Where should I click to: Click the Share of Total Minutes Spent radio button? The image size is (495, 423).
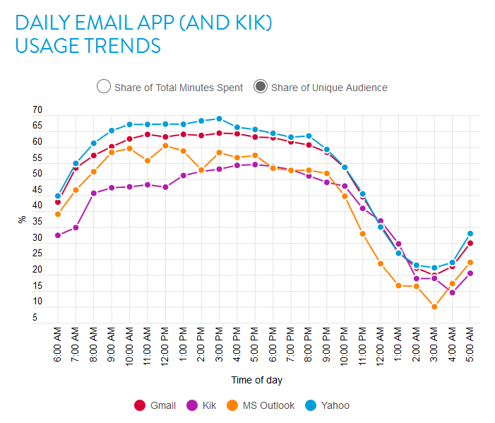(104, 87)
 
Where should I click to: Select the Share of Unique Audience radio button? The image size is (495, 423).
(261, 87)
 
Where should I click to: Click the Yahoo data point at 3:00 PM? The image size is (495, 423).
(219, 119)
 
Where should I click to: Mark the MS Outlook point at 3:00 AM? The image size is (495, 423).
(434, 306)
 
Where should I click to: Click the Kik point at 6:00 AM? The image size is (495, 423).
(58, 235)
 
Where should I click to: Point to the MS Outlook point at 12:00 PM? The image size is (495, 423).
(165, 145)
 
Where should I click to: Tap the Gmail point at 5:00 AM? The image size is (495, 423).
(470, 243)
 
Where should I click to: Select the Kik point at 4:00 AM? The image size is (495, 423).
(453, 292)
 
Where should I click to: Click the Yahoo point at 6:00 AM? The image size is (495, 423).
(58, 196)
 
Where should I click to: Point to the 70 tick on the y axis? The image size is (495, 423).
(37, 111)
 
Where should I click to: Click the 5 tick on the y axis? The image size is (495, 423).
(35, 318)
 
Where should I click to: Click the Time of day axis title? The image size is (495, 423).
(257, 380)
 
